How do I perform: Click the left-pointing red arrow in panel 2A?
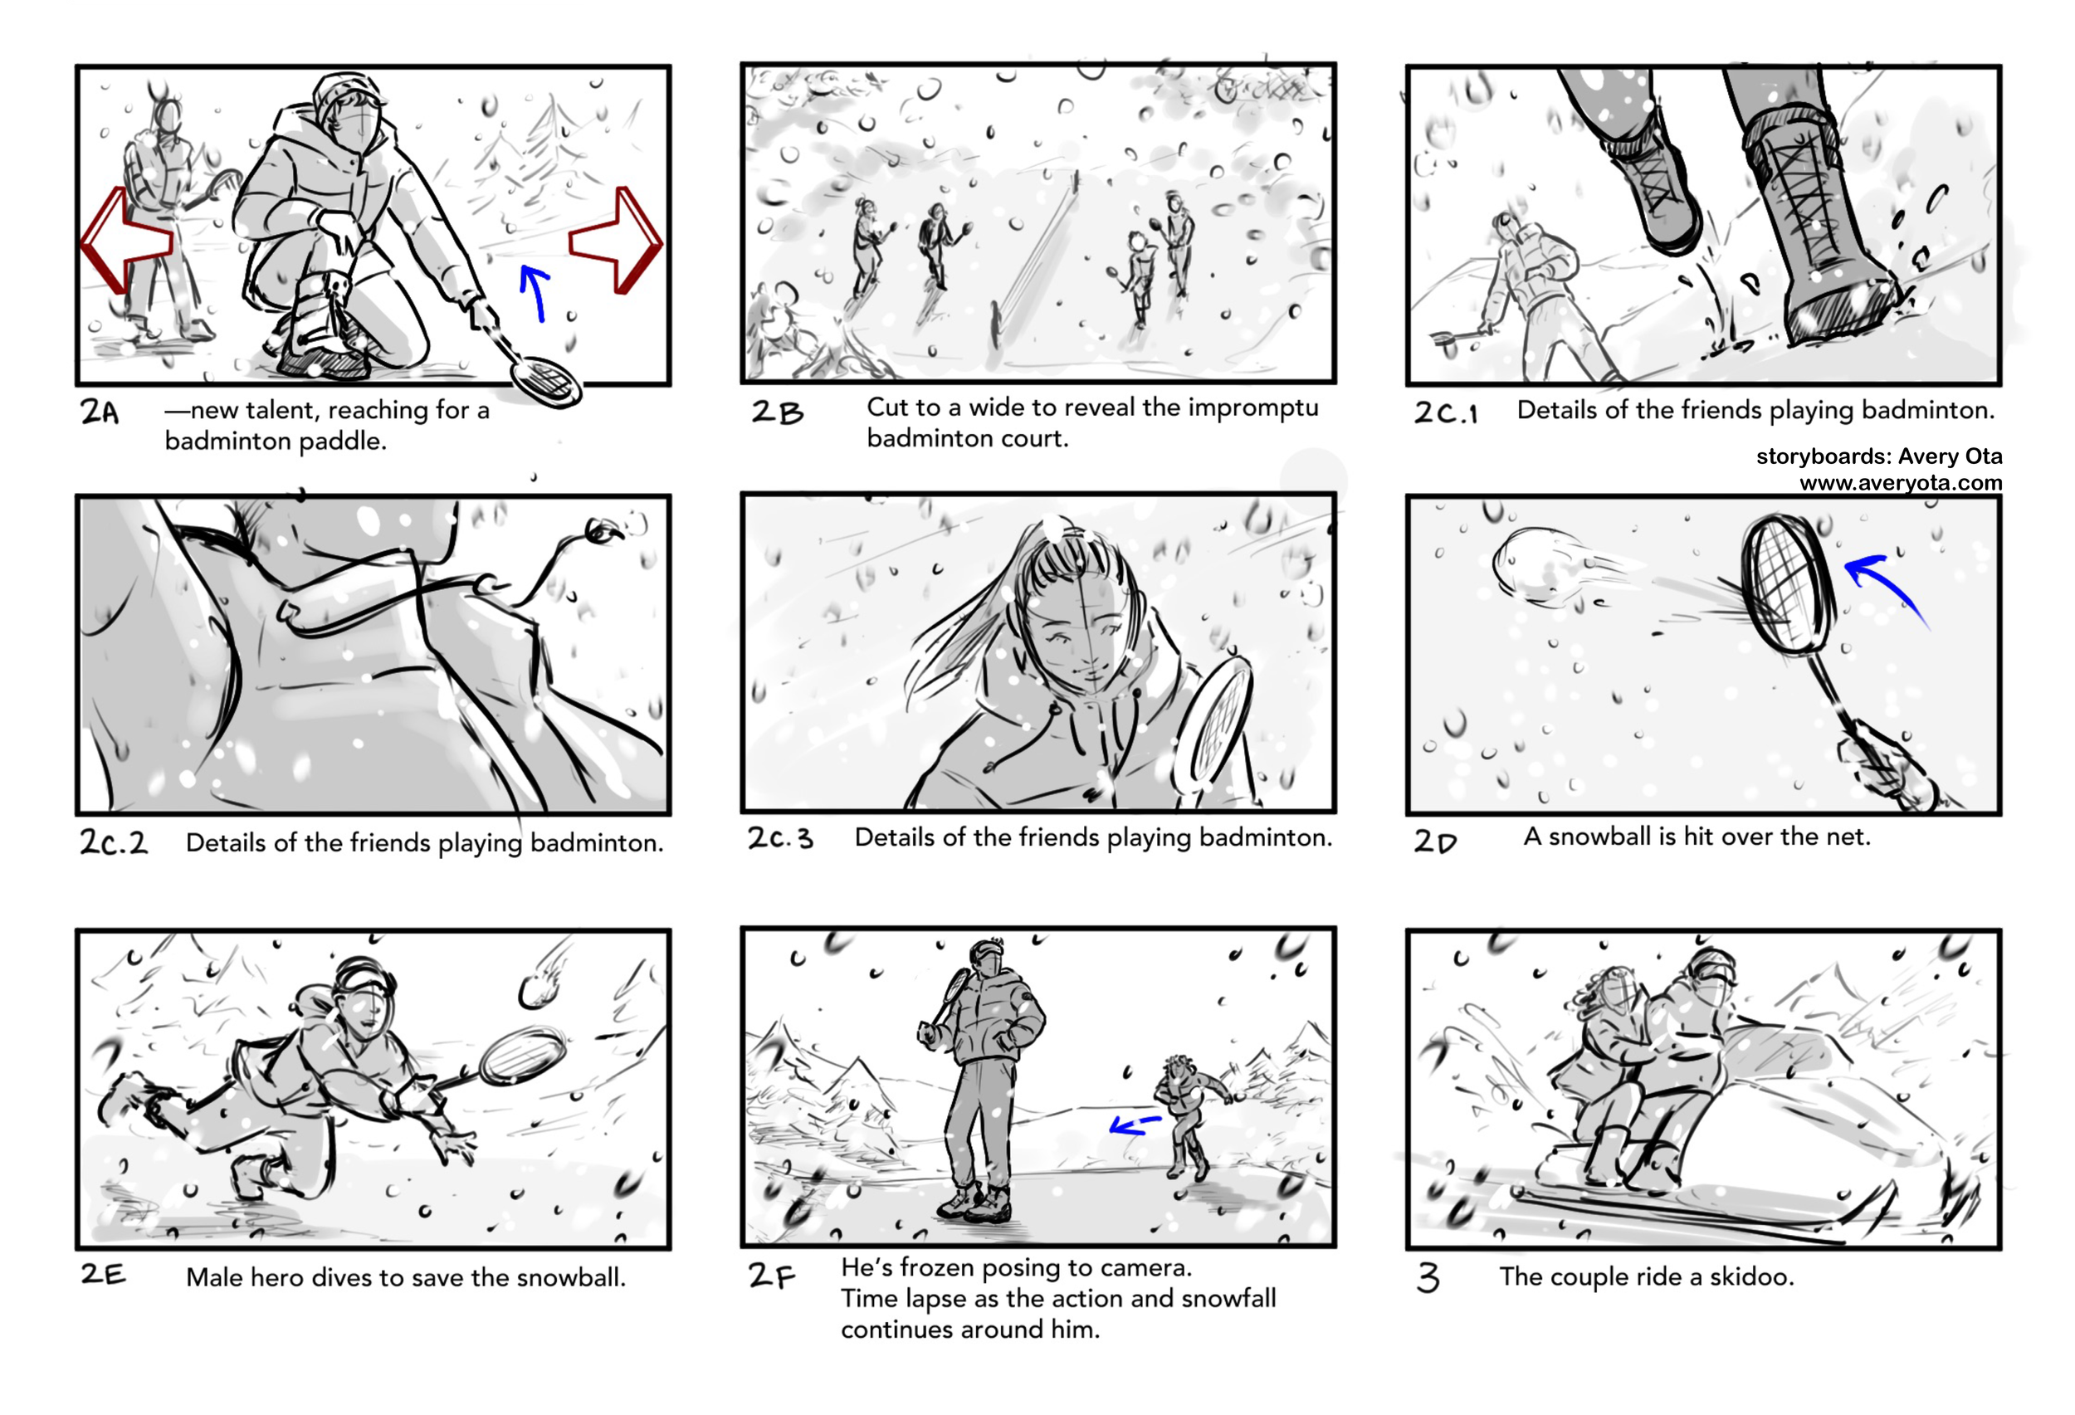click(x=125, y=239)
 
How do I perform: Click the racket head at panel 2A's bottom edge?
click(x=545, y=382)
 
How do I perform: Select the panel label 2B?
click(x=777, y=412)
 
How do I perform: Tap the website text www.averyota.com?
click(x=1900, y=483)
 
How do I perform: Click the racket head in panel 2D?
click(x=1785, y=585)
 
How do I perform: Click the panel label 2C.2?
click(x=114, y=842)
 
